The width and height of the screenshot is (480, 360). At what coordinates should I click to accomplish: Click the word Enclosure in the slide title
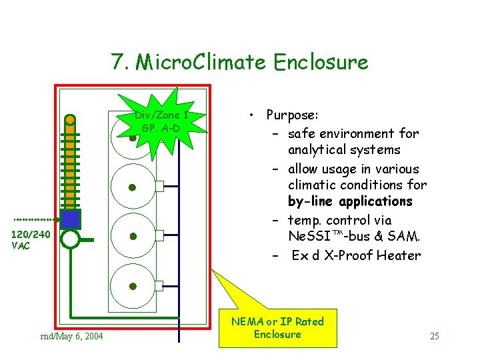(320, 62)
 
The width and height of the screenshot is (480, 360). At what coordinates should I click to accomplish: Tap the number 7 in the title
(118, 62)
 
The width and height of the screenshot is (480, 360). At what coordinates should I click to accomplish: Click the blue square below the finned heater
(71, 219)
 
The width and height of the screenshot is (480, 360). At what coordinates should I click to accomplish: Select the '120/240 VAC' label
(31, 239)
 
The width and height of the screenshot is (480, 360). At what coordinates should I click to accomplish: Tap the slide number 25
(434, 336)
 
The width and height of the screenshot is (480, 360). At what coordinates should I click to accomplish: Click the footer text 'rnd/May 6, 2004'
(72, 336)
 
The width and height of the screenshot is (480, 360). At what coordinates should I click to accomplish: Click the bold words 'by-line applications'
(350, 201)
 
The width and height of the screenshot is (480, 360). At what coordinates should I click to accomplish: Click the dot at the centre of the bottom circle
(133, 287)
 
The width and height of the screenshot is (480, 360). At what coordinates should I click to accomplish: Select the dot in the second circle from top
(133, 187)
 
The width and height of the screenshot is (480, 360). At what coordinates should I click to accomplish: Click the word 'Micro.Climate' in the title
(202, 62)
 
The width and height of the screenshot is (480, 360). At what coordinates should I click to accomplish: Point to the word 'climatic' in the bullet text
(310, 185)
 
